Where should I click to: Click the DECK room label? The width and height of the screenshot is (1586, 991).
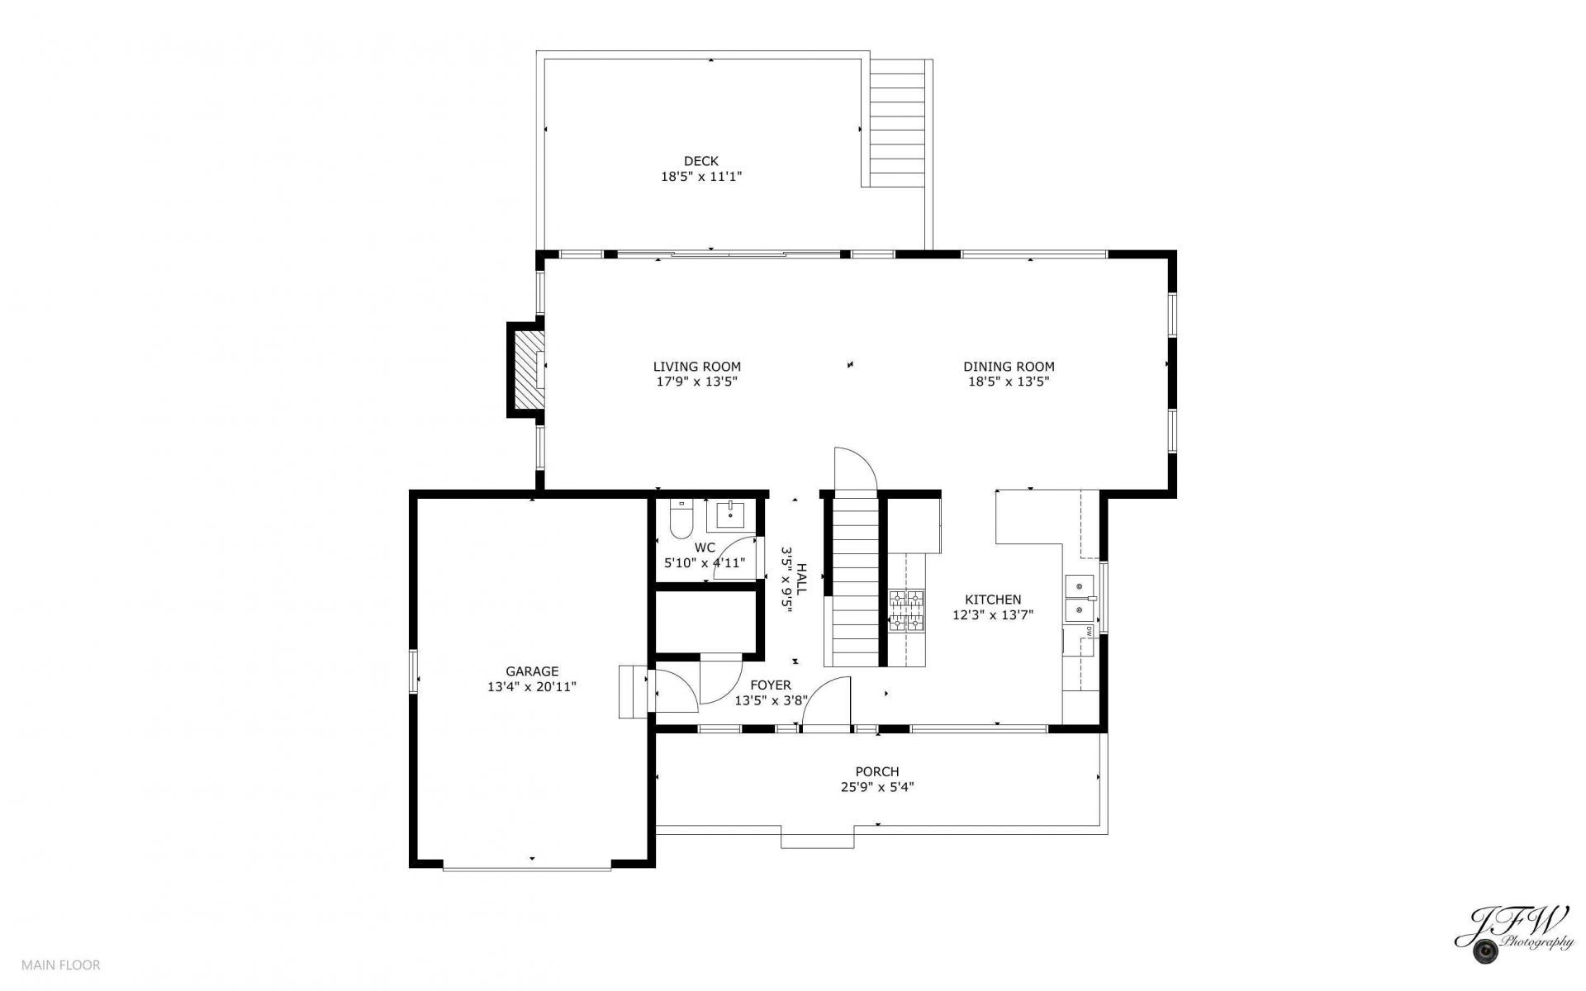click(x=700, y=161)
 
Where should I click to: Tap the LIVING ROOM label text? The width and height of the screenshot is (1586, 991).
click(x=696, y=367)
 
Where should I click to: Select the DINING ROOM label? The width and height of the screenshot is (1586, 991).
click(x=1009, y=367)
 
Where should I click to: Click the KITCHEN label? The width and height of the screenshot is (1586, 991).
click(x=993, y=600)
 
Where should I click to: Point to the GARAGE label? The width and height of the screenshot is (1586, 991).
click(x=532, y=671)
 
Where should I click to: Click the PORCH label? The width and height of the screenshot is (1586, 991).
click(x=877, y=772)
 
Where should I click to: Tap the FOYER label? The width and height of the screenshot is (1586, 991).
click(x=770, y=685)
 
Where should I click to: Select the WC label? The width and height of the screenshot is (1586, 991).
click(x=705, y=548)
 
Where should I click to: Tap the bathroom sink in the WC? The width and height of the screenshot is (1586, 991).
click(x=731, y=514)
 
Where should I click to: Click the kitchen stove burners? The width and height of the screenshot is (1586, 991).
click(x=906, y=611)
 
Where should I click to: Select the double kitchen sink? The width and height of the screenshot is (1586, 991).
click(x=1079, y=599)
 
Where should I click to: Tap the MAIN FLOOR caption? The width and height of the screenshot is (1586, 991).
click(x=61, y=965)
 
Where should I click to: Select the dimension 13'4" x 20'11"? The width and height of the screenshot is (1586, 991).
click(x=532, y=686)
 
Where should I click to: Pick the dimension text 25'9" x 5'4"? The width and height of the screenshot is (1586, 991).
click(x=877, y=787)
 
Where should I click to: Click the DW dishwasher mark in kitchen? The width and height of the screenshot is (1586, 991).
click(x=1090, y=630)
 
